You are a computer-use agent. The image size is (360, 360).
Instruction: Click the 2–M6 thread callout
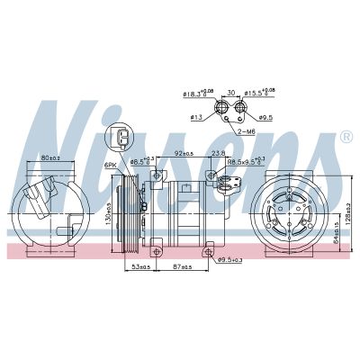pos(245,130)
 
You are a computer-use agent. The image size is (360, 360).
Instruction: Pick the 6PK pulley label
pos(111,166)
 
